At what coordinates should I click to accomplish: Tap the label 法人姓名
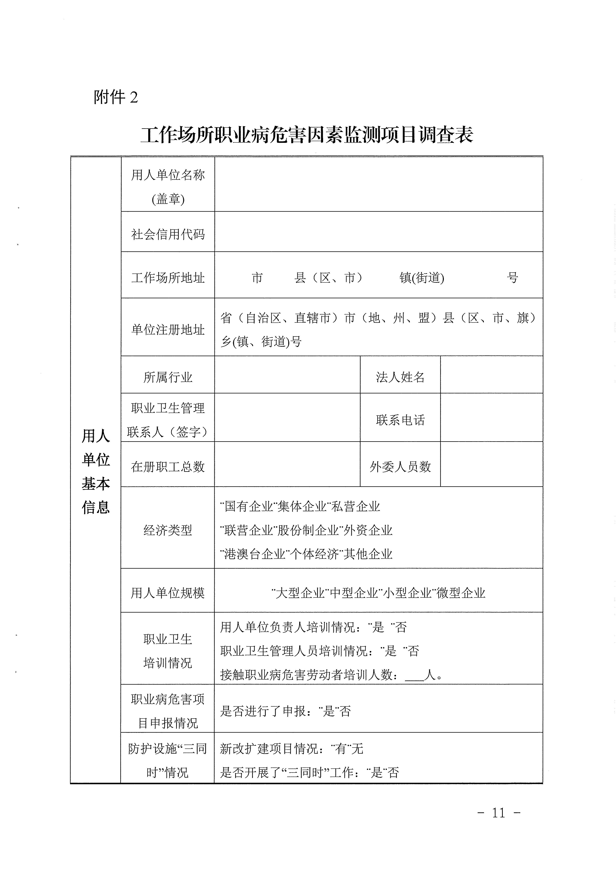coord(400,377)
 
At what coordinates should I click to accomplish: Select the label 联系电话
coord(400,420)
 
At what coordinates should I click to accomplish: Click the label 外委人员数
coord(400,467)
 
